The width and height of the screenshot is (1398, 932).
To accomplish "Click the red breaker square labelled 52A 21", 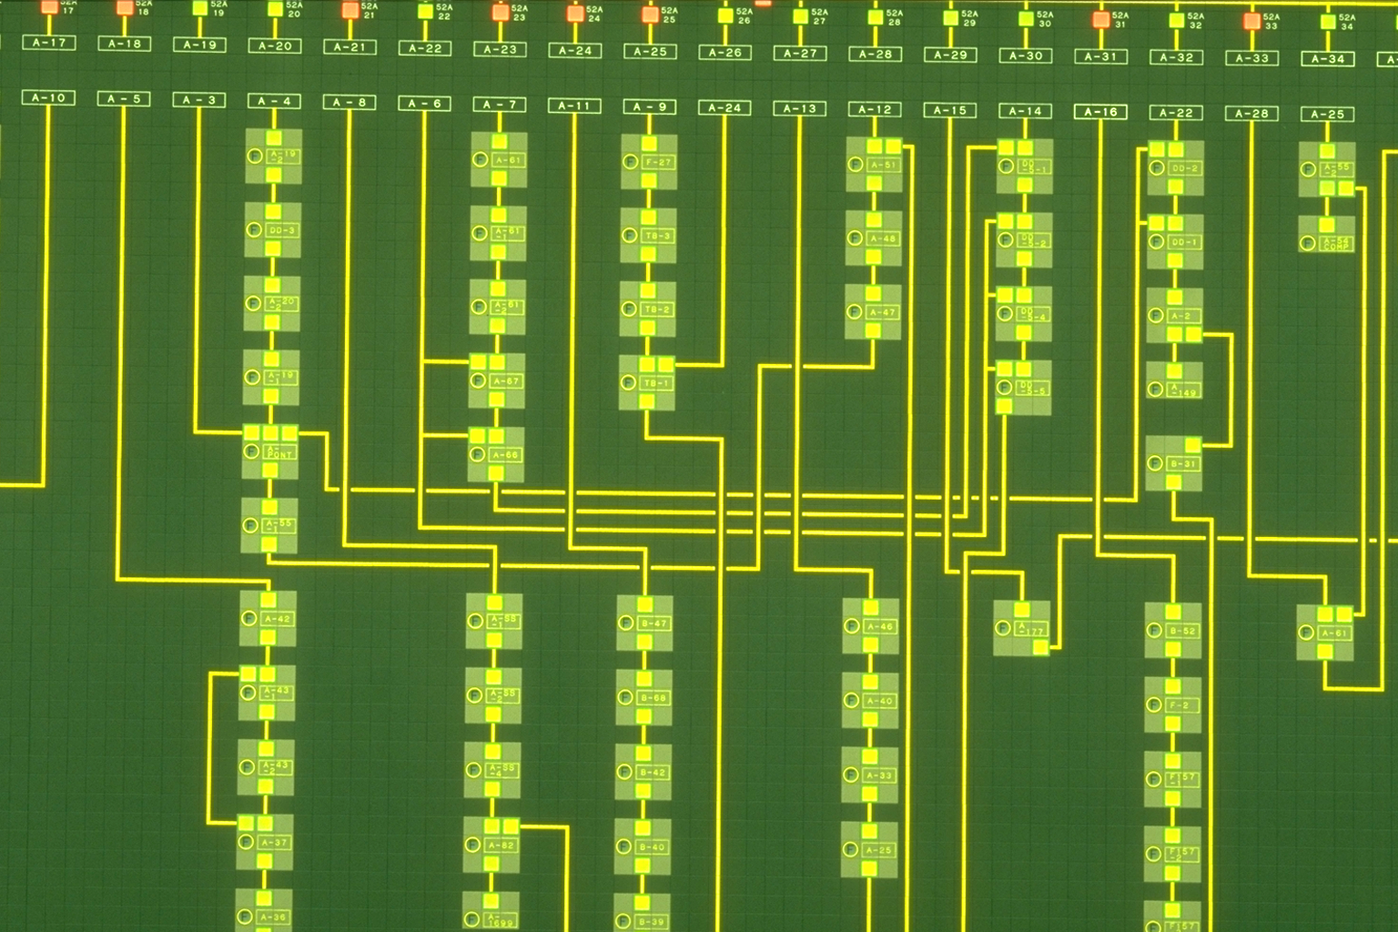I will point(349,11).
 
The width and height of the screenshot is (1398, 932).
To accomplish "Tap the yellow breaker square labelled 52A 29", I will point(950,17).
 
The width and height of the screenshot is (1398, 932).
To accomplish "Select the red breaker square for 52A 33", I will point(1251,20).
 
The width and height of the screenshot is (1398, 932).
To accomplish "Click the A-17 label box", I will point(49,42).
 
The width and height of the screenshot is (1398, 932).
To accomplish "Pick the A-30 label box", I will point(1026,56).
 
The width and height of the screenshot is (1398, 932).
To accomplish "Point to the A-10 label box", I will point(49,97).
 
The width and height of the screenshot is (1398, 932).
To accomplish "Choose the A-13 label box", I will point(800,108).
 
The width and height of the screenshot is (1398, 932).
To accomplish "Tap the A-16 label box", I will point(1100,111).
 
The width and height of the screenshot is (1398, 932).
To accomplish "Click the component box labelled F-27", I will point(657,162).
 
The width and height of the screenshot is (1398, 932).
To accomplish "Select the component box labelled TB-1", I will point(656,383).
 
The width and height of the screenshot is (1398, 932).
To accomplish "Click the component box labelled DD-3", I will point(282,230).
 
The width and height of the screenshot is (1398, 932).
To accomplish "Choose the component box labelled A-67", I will point(505,380).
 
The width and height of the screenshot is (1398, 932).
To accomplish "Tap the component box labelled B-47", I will point(653,623).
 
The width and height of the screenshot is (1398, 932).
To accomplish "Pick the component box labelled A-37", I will point(274,843).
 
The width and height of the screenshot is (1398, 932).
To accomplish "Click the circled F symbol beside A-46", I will point(851,626).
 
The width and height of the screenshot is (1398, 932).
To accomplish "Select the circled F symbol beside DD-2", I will point(1156,168).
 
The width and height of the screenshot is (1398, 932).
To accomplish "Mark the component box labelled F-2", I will point(1179,705).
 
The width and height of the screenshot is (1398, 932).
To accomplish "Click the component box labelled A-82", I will point(501,846).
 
